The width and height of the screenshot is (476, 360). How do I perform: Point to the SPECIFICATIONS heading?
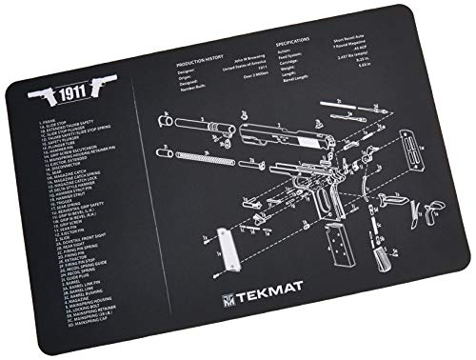pos(295,44)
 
